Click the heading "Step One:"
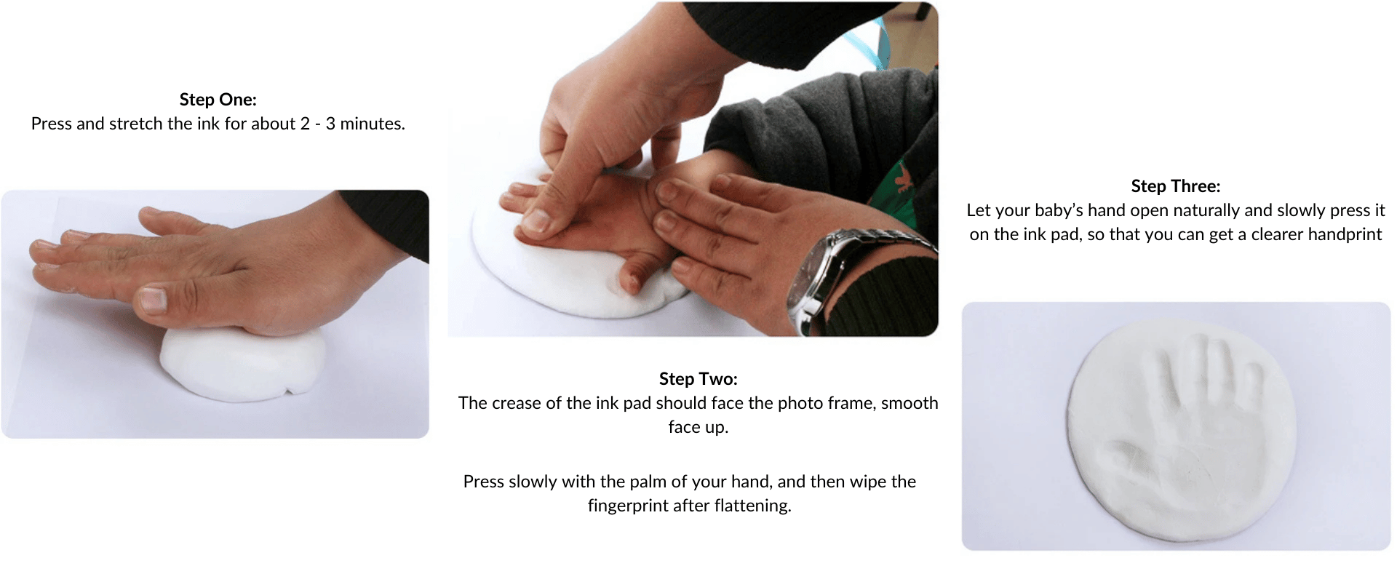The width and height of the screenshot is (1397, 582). [x=218, y=100]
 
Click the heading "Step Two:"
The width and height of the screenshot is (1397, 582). [x=698, y=379]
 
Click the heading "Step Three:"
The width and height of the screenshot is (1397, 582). [x=1175, y=186]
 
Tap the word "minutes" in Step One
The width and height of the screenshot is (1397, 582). [x=371, y=124]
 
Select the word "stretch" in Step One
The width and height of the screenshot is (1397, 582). [x=136, y=124]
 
